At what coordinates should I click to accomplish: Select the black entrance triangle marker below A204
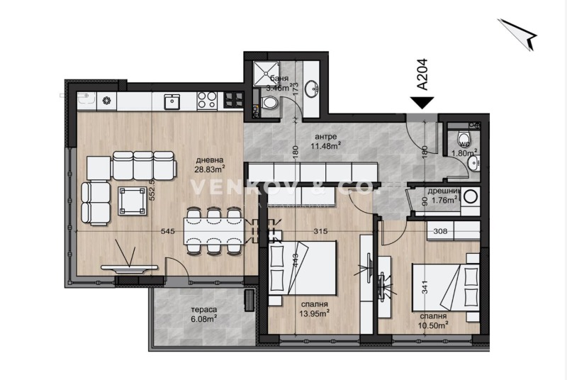click(x=422, y=103)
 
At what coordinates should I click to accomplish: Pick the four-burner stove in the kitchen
click(x=206, y=101)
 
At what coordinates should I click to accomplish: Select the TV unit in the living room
click(x=128, y=268)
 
